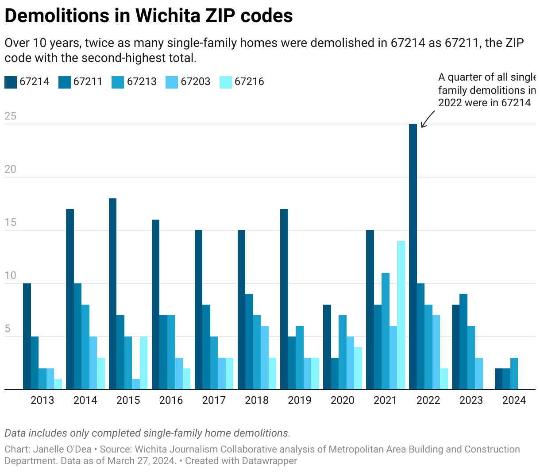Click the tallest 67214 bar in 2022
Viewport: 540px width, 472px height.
click(413, 257)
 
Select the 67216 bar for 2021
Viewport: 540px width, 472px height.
click(401, 315)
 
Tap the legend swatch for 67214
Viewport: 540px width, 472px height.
click(11, 82)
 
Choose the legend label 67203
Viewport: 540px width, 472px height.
click(195, 82)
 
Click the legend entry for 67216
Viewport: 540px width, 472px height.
click(249, 82)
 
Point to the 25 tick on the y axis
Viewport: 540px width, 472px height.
click(10, 116)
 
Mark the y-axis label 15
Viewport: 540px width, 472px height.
click(10, 223)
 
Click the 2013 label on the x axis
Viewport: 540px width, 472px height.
click(42, 401)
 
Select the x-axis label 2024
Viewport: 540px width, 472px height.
click(514, 401)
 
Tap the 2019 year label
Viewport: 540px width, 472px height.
click(300, 401)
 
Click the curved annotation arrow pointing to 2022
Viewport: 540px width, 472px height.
click(427, 119)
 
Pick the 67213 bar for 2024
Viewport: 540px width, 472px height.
click(514, 374)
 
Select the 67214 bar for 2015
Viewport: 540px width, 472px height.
click(112, 294)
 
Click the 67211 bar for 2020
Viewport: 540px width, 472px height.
click(335, 374)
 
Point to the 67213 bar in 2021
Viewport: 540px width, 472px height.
click(386, 331)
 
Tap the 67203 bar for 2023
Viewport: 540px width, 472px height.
click(479, 374)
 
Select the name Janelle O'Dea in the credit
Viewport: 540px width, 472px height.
click(62, 449)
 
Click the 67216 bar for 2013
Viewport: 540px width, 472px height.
click(58, 384)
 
